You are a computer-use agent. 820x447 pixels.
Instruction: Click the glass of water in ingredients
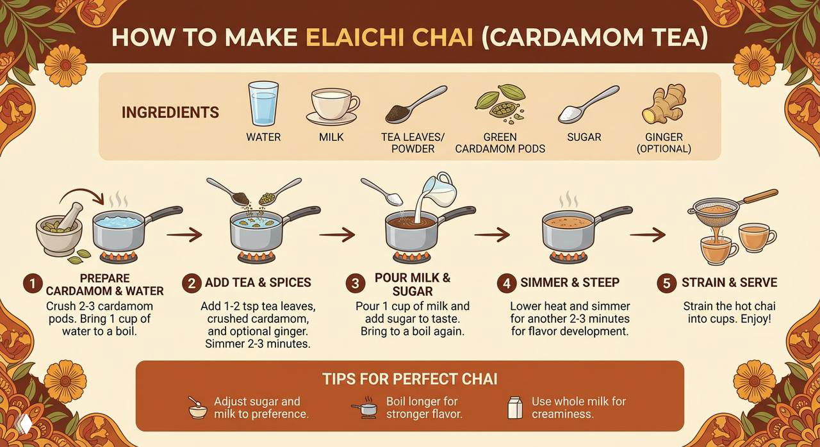tap(263, 103)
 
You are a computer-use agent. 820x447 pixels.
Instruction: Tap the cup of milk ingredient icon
tap(332, 106)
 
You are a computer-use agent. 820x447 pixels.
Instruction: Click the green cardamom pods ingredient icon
tap(501, 102)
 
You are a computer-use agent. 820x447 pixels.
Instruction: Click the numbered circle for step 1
tap(32, 283)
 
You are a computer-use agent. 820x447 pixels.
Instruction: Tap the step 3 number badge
tap(355, 283)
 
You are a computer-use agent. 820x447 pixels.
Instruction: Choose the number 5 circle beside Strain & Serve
tap(667, 283)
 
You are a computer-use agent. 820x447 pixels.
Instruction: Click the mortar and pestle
tap(60, 231)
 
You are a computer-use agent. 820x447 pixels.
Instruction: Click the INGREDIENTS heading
tap(170, 113)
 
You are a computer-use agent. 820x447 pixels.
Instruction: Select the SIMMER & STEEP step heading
tap(570, 282)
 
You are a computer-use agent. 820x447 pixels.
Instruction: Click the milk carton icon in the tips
tap(514, 407)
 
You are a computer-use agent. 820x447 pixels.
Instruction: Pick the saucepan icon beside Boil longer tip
tap(365, 407)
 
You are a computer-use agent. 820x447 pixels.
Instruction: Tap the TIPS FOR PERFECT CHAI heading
tap(409, 378)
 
